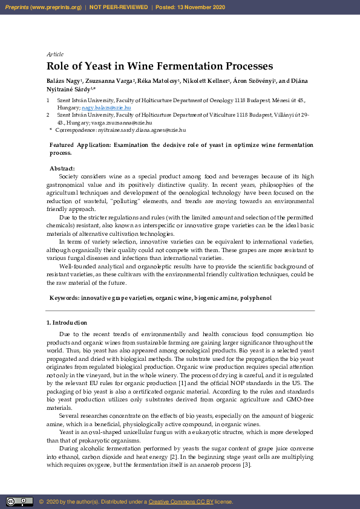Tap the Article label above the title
pyautogui.click(x=54, y=54)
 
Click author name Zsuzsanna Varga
pyautogui.click(x=111, y=80)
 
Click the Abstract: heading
pyautogui.click(x=62, y=169)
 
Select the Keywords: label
pyautogui.click(x=64, y=298)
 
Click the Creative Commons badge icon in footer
pyautogui.click(x=19, y=502)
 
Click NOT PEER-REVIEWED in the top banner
pyautogui.click(x=119, y=7)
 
